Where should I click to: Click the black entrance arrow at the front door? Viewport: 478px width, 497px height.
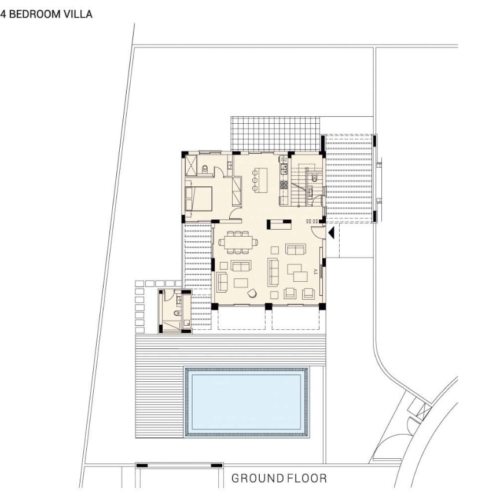(x=331, y=233)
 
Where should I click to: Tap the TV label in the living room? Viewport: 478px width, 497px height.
(x=316, y=273)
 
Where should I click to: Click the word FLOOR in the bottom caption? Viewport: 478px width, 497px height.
(x=307, y=478)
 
